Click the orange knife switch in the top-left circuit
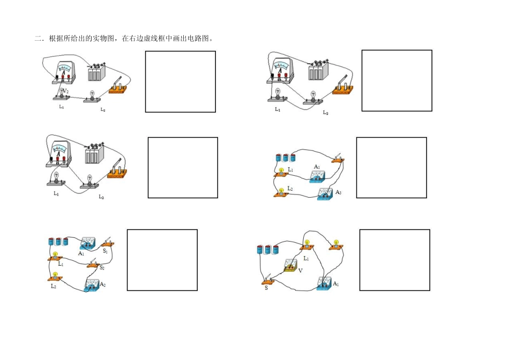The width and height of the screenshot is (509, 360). coord(118,87)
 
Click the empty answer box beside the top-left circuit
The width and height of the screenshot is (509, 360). coord(180,81)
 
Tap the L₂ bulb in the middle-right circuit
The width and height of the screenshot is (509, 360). coord(280,192)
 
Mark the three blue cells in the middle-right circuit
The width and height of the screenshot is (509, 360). coord(285,157)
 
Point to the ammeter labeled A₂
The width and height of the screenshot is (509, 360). coord(92,286)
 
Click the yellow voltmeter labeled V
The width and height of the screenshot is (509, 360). coord(290,265)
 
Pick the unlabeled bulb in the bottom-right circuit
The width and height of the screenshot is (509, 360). coord(337,245)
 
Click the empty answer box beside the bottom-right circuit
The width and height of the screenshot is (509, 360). coord(394,260)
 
